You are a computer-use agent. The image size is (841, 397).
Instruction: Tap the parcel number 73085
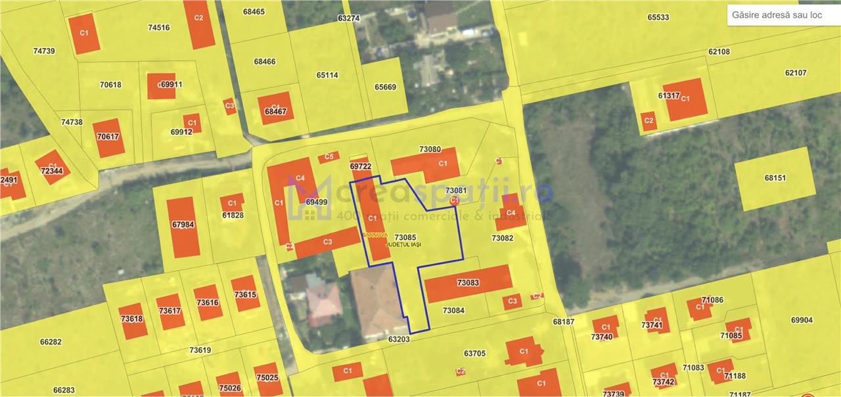[x=405, y=237]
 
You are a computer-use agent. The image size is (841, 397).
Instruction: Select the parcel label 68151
[x=775, y=177]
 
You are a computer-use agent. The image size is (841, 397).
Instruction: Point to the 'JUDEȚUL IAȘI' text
[x=403, y=245]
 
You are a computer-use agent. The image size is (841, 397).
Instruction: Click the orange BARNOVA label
[x=375, y=235]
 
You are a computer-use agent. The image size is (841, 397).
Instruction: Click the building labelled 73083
[x=468, y=283]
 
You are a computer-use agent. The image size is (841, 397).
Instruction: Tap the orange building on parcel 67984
[x=183, y=225]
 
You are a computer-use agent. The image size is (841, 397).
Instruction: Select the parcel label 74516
[x=159, y=28]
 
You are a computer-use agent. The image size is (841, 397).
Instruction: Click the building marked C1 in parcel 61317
[x=685, y=99]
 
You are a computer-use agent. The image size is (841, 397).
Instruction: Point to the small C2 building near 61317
[x=648, y=120]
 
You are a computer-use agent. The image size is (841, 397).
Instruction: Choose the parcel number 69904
[x=802, y=320]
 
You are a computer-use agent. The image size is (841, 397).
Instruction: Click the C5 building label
[x=329, y=157]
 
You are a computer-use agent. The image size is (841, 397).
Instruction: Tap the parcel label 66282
[x=51, y=342]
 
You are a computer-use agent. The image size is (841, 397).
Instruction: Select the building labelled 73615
[x=245, y=294]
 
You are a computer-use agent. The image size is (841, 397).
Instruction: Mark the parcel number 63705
[x=474, y=354]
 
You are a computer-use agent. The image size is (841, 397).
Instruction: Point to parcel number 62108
[x=719, y=51]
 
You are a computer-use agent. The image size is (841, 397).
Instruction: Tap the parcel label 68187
[x=563, y=322]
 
